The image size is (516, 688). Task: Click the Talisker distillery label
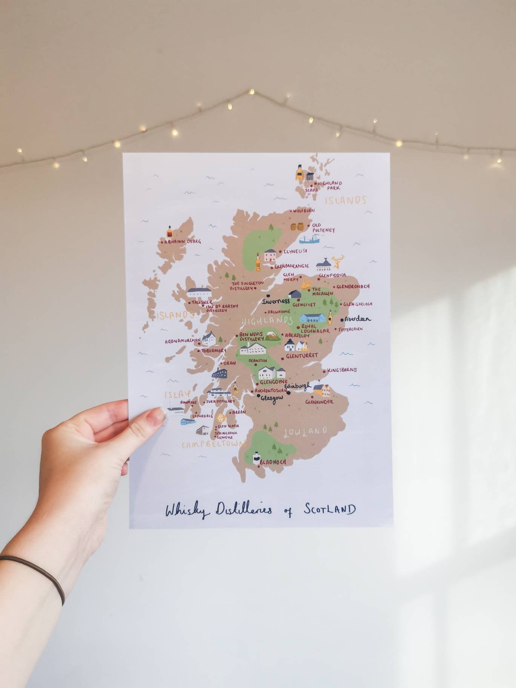202,302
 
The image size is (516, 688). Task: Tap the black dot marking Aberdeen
342,319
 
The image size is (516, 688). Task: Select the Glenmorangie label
292,266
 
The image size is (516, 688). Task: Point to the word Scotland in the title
330,509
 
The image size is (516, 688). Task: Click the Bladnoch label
273,462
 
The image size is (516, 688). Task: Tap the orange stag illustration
338,261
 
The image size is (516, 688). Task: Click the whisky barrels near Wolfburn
297,227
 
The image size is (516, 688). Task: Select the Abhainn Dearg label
183,241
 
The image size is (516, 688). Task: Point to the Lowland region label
305,432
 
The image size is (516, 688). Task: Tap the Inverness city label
276,301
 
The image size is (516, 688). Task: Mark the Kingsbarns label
342,370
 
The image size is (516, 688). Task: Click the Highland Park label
329,185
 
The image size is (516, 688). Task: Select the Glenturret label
302,356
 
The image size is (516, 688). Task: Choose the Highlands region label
267,321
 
